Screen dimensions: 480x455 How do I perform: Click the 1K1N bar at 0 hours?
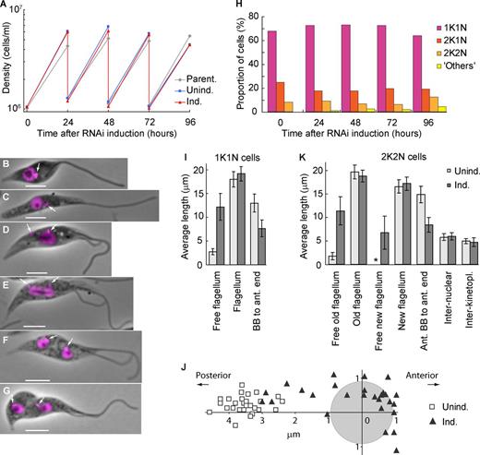(272, 71)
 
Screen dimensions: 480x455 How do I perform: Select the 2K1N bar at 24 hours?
(318, 102)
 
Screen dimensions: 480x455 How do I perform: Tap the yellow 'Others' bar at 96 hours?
(442, 109)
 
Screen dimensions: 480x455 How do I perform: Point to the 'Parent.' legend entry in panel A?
(198, 79)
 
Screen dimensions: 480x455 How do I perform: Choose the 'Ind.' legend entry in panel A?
(190, 102)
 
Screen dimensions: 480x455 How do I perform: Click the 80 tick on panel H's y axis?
(253, 16)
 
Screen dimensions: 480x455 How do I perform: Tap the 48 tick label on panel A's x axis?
(108, 123)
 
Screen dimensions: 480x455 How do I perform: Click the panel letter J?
(185, 366)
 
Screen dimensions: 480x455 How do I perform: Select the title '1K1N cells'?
(237, 158)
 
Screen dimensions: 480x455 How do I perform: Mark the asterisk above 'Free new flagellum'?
(376, 260)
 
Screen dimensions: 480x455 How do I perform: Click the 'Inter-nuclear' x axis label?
(448, 297)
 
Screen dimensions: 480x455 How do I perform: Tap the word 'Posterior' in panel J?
(213, 376)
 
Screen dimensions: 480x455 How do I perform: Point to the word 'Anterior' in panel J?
(422, 376)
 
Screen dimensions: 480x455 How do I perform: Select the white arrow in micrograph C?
(53, 209)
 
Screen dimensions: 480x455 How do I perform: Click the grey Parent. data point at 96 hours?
(190, 36)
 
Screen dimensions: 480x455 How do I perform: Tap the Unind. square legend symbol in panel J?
(433, 407)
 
